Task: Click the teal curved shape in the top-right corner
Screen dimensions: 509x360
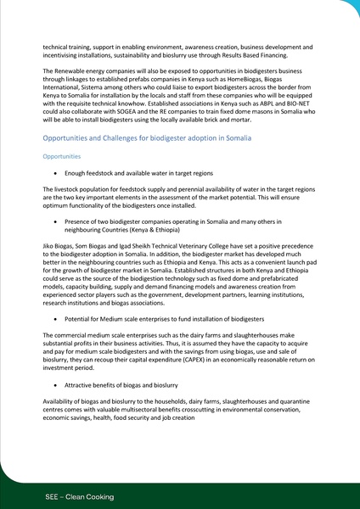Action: pos(349,8)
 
